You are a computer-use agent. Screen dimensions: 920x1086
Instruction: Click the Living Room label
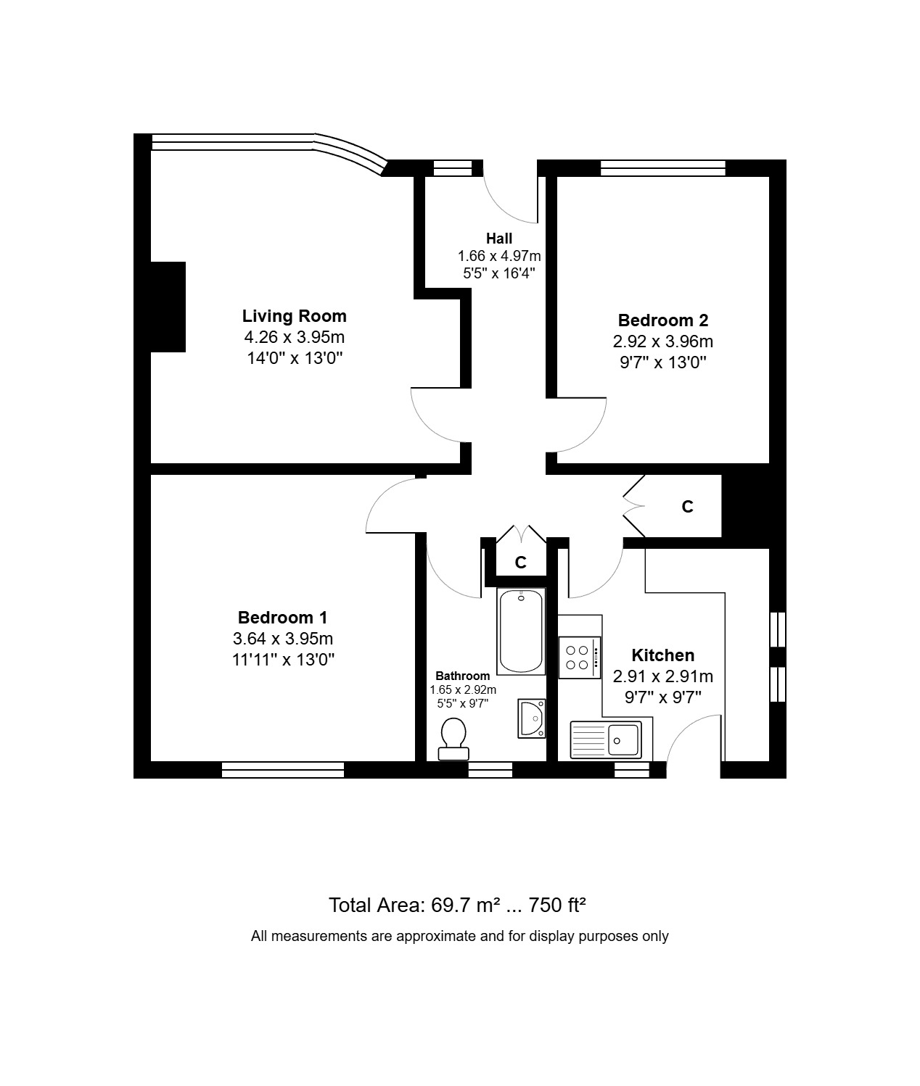click(295, 316)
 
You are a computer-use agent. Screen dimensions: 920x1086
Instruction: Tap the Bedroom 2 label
click(663, 320)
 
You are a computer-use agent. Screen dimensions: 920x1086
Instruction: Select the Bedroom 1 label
click(283, 617)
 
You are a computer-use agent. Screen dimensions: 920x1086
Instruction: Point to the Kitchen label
click(663, 655)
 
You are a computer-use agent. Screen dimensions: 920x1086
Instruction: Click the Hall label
click(499, 239)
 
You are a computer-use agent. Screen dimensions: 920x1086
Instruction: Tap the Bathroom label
click(463, 676)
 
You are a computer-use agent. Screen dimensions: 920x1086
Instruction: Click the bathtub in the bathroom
click(521, 631)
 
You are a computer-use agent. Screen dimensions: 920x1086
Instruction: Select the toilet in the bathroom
click(453, 739)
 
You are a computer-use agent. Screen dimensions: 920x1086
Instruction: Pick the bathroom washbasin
click(532, 718)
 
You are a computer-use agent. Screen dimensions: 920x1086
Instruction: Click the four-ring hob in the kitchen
click(579, 658)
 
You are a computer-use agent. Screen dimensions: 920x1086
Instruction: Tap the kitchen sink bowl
click(624, 740)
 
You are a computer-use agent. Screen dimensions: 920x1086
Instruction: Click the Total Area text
click(457, 905)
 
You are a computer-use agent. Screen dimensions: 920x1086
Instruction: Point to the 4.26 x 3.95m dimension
click(295, 337)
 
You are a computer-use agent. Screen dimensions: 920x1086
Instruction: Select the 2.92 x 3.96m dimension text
click(663, 341)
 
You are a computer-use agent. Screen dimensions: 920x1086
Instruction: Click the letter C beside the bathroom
click(520, 563)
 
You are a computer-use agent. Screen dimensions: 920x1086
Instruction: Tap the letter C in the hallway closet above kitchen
click(687, 507)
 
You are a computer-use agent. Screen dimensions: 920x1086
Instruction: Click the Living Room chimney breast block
click(168, 307)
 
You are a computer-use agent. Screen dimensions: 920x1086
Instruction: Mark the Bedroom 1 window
click(283, 770)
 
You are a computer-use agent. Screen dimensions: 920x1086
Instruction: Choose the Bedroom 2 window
click(663, 167)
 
